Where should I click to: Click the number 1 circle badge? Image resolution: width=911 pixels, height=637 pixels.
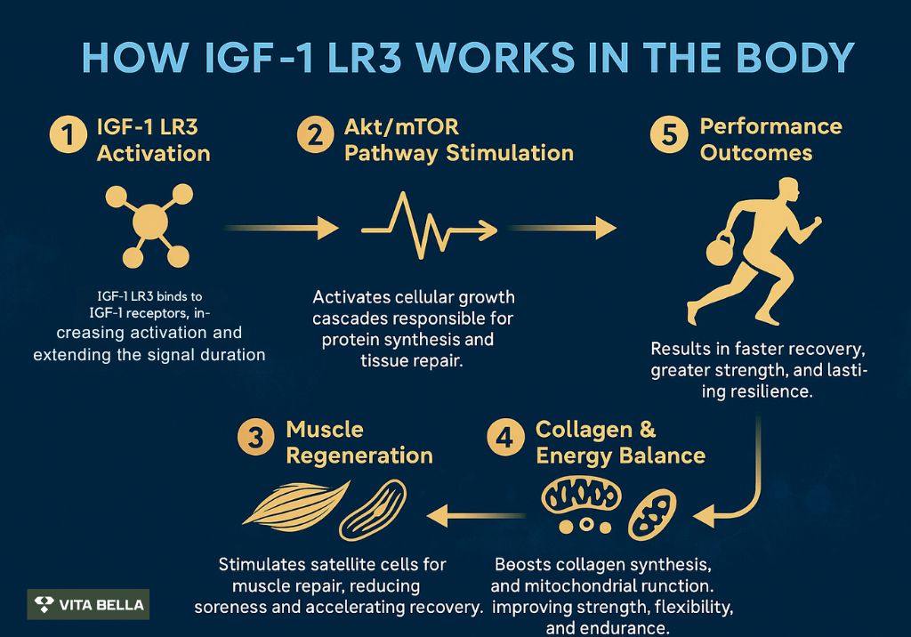(67, 139)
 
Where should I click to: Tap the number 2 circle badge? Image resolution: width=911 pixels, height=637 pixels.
(315, 139)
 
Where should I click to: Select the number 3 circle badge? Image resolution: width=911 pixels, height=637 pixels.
(255, 442)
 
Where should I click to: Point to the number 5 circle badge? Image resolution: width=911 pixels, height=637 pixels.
(669, 139)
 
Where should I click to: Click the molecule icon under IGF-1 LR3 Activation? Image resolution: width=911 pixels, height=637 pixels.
(150, 226)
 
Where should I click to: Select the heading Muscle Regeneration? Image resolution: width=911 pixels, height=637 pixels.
(359, 442)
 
